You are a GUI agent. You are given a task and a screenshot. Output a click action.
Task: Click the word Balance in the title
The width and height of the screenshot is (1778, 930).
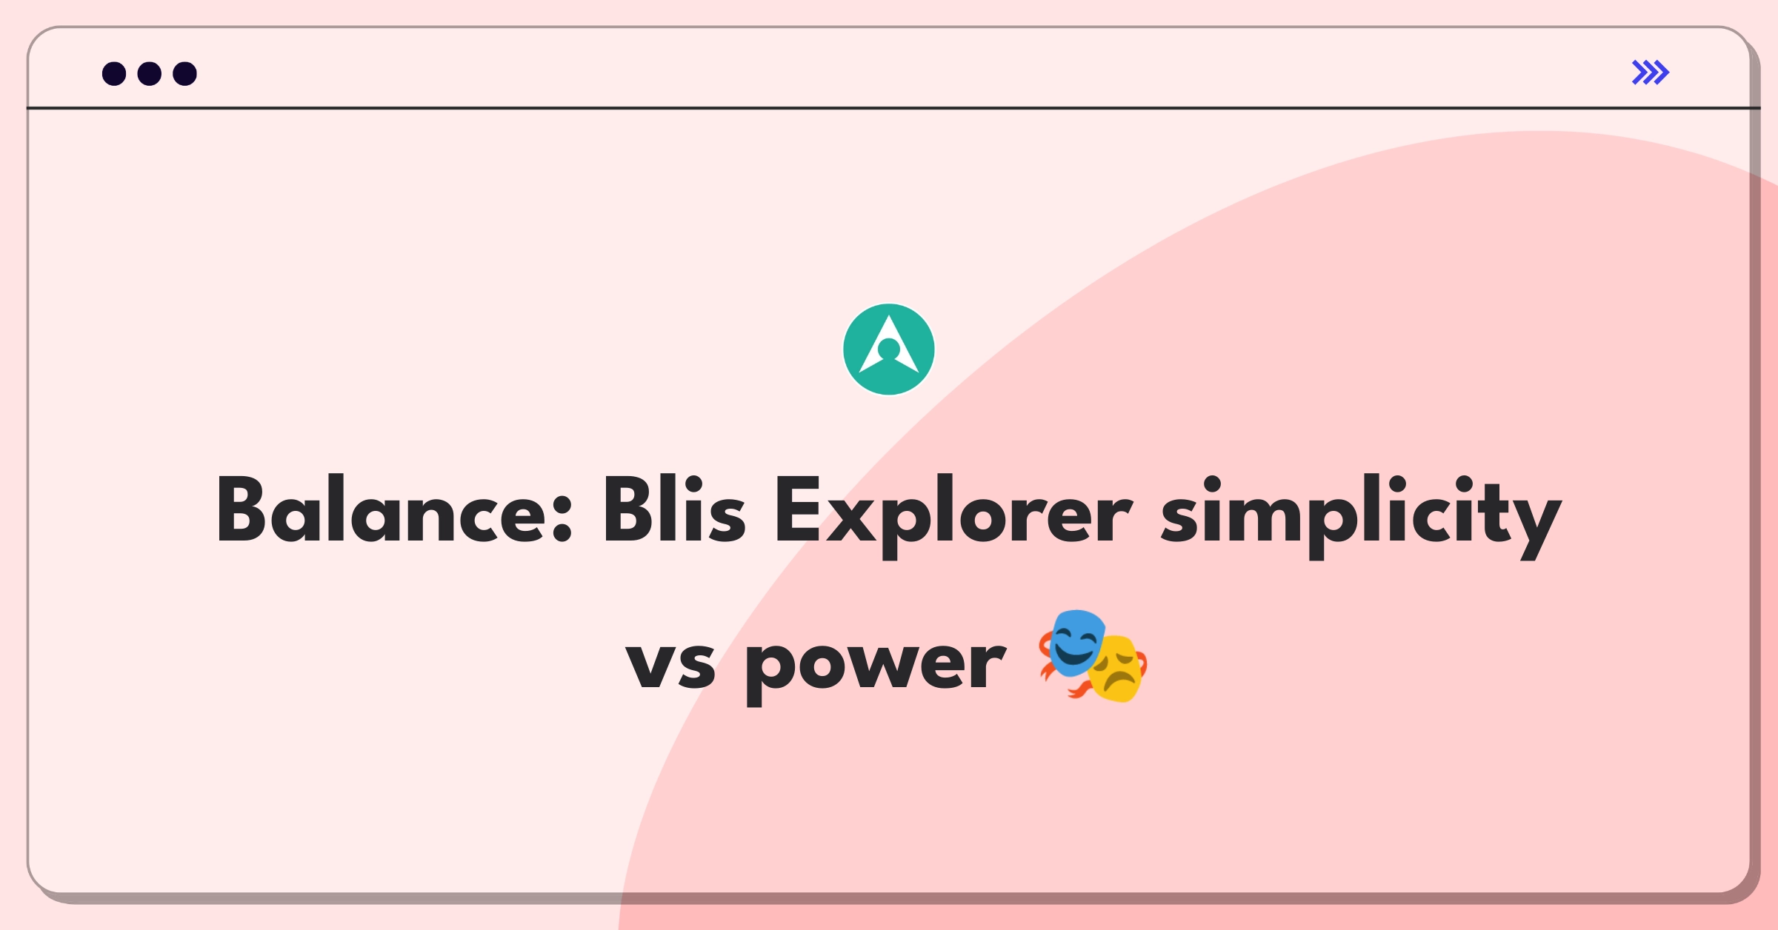click(x=382, y=511)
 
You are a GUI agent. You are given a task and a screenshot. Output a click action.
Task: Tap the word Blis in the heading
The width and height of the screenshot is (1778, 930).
click(x=674, y=511)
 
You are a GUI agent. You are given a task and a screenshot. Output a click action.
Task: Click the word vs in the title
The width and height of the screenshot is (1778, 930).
click(x=670, y=663)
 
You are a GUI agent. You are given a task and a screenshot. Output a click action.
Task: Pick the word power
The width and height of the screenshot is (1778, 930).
click(x=875, y=663)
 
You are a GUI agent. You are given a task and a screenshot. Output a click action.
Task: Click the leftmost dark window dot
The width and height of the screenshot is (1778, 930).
click(x=114, y=73)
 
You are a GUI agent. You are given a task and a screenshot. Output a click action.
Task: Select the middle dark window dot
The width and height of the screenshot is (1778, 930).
click(x=150, y=73)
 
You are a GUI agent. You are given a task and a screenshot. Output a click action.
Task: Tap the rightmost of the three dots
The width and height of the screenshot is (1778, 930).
click(x=184, y=73)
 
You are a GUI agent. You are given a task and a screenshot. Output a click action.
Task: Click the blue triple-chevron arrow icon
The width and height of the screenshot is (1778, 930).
click(x=1651, y=73)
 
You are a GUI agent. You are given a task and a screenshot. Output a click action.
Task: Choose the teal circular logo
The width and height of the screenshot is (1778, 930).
click(x=888, y=349)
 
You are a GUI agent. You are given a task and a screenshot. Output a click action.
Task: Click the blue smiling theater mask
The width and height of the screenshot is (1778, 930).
click(x=1074, y=643)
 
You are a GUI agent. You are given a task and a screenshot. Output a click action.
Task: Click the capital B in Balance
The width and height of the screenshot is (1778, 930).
click(x=241, y=509)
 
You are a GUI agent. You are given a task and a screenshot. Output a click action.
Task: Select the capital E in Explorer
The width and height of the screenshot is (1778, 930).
click(x=796, y=509)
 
